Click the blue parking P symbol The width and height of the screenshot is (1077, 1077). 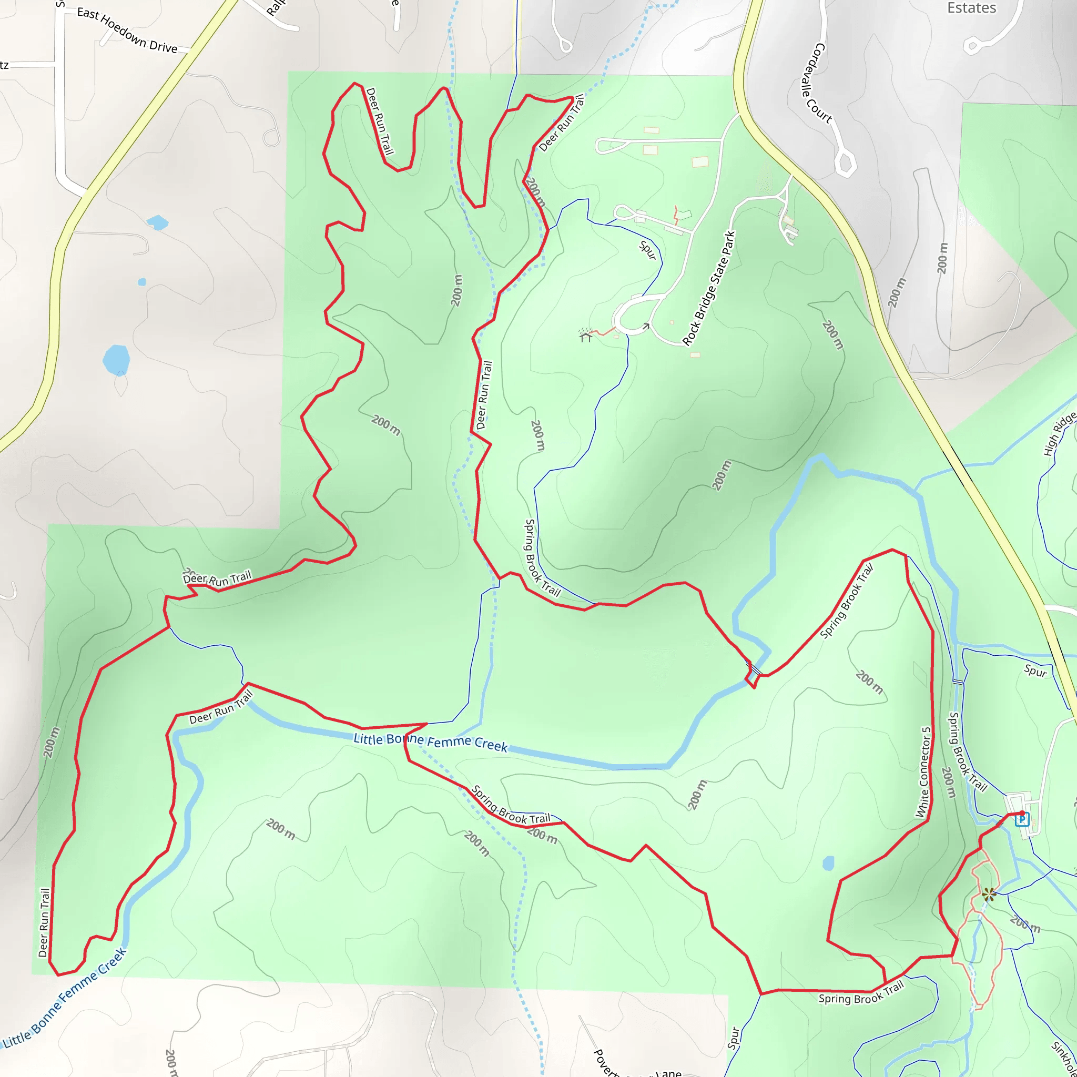tap(1022, 819)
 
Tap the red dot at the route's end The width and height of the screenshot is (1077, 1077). tap(1022, 813)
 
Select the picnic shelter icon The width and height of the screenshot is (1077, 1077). tap(585, 335)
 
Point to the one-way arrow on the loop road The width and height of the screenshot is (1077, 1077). tap(646, 326)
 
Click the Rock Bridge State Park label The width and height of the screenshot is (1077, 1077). tap(709, 288)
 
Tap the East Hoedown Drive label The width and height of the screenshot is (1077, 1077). tap(127, 30)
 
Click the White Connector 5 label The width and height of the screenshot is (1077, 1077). tap(923, 772)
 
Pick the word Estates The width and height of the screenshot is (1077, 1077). tap(972, 8)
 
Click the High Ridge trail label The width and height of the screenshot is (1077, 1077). tap(1059, 434)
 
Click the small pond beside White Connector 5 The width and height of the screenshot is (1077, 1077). tap(828, 863)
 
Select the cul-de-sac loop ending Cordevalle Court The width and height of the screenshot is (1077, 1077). tap(845, 163)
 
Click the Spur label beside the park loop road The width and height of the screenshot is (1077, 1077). tap(648, 249)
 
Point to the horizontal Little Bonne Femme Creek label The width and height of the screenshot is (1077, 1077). tap(430, 742)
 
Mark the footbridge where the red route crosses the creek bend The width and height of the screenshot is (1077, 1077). tap(754, 667)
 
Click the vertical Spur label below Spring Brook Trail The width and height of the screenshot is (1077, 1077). tap(734, 1038)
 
